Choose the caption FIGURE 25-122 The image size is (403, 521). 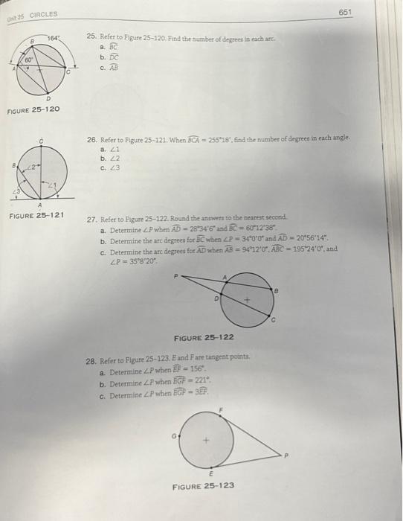coord(203,337)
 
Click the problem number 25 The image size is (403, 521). coord(90,35)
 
